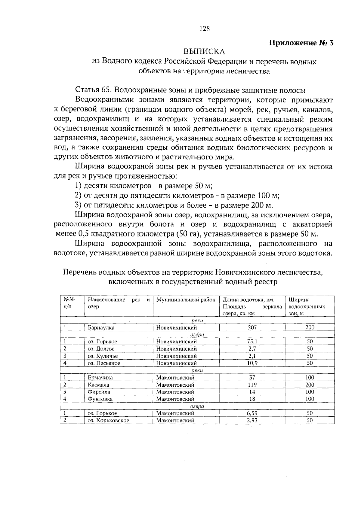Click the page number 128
point(204,29)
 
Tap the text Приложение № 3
point(301,43)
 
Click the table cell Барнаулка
point(101,328)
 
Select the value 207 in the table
point(252,327)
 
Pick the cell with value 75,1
point(252,342)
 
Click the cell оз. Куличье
point(103,356)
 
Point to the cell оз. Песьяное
point(104,363)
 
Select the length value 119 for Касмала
point(252,385)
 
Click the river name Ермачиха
point(100,378)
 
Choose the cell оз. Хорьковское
point(108,421)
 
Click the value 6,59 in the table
point(252,413)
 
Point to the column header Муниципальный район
point(186,300)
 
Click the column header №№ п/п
point(69,303)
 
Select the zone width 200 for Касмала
point(310,385)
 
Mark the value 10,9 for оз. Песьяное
point(252,363)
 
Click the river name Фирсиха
point(99,392)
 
